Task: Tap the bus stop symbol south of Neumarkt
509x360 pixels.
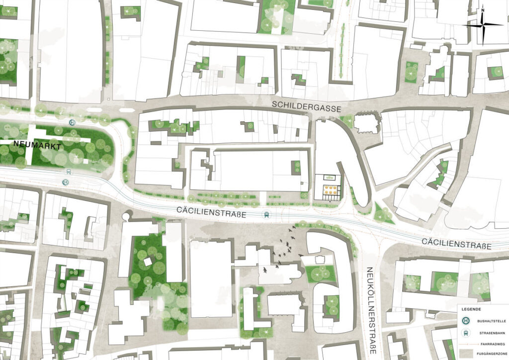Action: [65, 182]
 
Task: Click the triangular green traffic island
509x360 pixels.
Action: [382, 214]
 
